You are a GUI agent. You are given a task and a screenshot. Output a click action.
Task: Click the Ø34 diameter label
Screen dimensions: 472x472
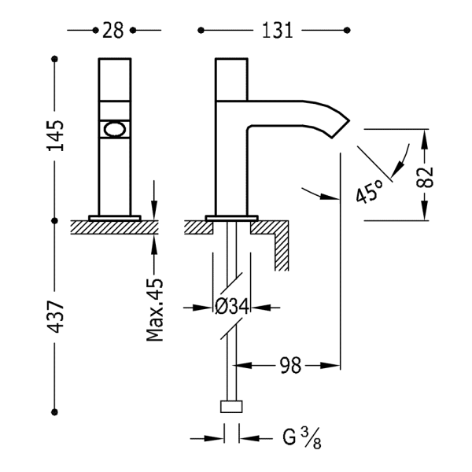point(232,308)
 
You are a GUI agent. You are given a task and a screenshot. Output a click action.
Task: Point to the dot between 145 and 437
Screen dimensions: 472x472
point(56,219)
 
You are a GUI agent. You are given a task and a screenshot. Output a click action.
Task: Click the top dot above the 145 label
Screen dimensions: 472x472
point(56,60)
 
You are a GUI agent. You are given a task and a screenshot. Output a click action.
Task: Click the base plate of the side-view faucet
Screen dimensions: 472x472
point(232,217)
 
